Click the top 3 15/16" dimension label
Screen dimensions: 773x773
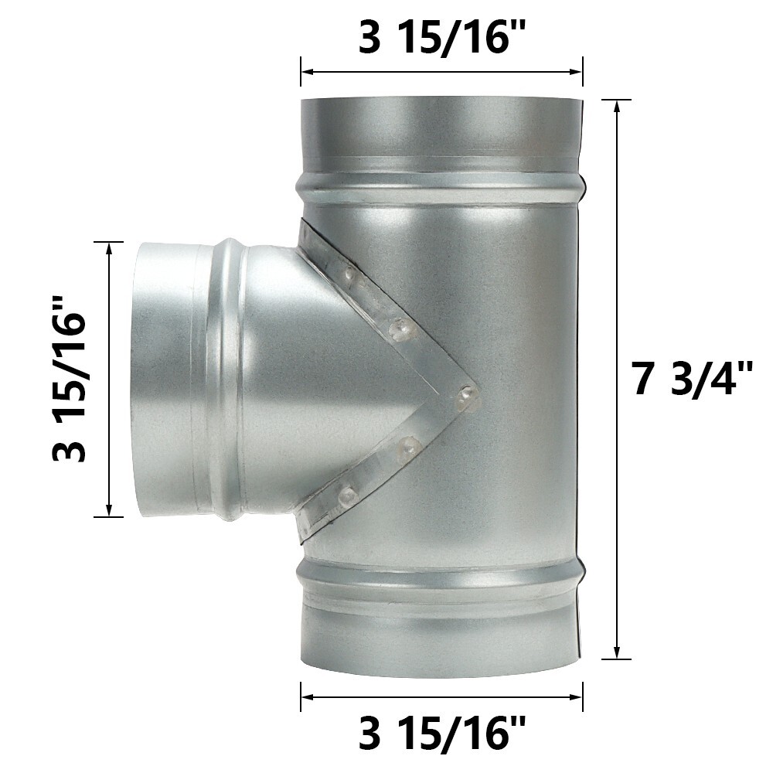point(441,39)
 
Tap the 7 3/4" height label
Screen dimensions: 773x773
point(693,380)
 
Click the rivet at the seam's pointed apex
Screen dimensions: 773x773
point(466,396)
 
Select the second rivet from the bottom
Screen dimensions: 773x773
point(407,445)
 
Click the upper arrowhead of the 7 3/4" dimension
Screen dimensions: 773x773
point(617,107)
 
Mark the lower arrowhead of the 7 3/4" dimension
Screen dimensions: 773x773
point(617,652)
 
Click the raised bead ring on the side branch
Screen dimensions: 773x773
point(228,379)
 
